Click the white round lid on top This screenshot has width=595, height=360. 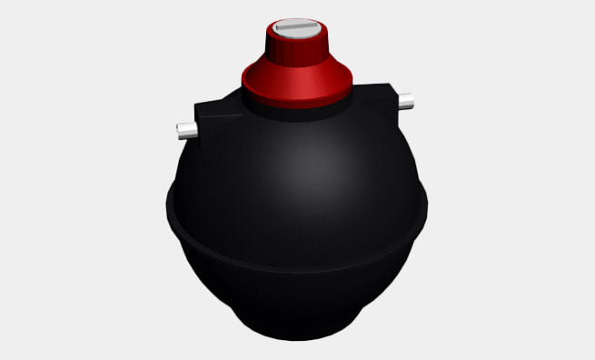point(296,24)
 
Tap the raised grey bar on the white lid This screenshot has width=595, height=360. point(296,29)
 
